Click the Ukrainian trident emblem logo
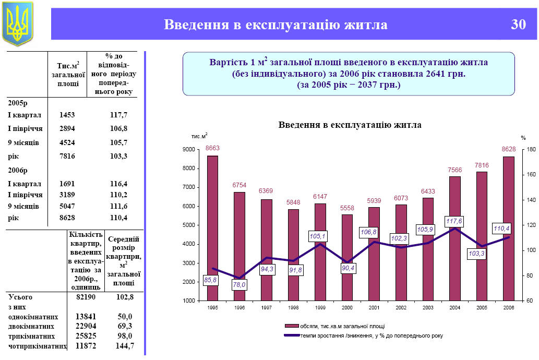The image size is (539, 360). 17,23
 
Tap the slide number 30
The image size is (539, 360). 518,25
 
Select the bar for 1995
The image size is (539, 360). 212,228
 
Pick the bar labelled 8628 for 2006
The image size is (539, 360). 508,229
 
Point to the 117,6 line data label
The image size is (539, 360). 454,221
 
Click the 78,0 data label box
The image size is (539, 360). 239,285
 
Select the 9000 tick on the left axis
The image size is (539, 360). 188,150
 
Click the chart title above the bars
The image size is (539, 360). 350,125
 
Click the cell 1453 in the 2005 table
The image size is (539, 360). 68,115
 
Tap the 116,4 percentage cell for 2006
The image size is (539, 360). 119,184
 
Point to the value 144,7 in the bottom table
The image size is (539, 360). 123,345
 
